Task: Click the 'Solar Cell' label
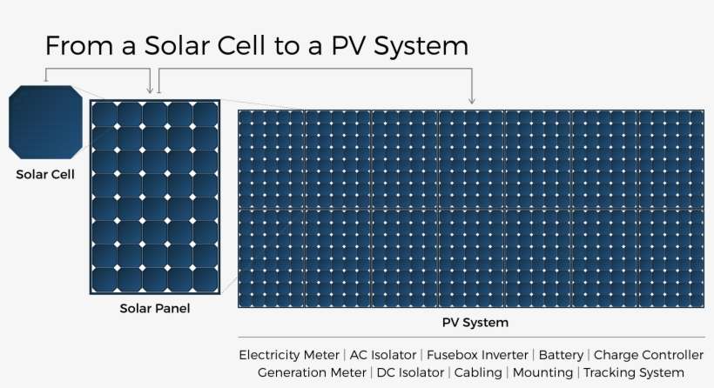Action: pyautogui.click(x=45, y=174)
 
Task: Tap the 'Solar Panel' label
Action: pyautogui.click(x=155, y=308)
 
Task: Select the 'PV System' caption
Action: pyautogui.click(x=475, y=323)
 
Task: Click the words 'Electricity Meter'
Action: pyautogui.click(x=290, y=355)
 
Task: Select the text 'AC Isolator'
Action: pyautogui.click(x=383, y=355)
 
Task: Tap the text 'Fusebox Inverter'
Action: pyautogui.click(x=478, y=355)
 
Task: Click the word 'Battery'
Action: pyautogui.click(x=561, y=355)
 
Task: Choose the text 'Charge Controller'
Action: pyautogui.click(x=649, y=355)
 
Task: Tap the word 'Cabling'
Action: pyautogui.click(x=478, y=372)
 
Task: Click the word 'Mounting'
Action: pyautogui.click(x=543, y=372)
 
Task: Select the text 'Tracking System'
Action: pyautogui.click(x=633, y=372)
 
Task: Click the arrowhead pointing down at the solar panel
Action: pyautogui.click(x=151, y=89)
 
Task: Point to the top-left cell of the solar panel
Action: pyautogui.click(x=104, y=115)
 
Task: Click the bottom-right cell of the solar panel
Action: pyautogui.click(x=205, y=278)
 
